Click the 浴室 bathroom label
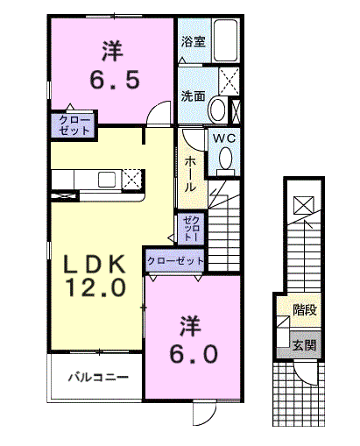193,41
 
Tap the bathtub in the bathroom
225,40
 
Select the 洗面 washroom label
193,96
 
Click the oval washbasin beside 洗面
218,110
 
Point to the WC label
224,138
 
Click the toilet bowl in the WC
225,159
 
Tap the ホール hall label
190,173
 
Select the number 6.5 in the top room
115,80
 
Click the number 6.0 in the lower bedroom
194,354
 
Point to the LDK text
94,264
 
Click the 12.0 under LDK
96,287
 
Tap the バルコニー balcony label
98,378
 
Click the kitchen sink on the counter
107,180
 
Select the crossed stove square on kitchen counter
132,179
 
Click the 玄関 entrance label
304,345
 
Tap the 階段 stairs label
305,310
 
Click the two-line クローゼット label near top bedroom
74,125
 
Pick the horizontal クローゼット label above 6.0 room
175,260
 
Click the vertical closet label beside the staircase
190,229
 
